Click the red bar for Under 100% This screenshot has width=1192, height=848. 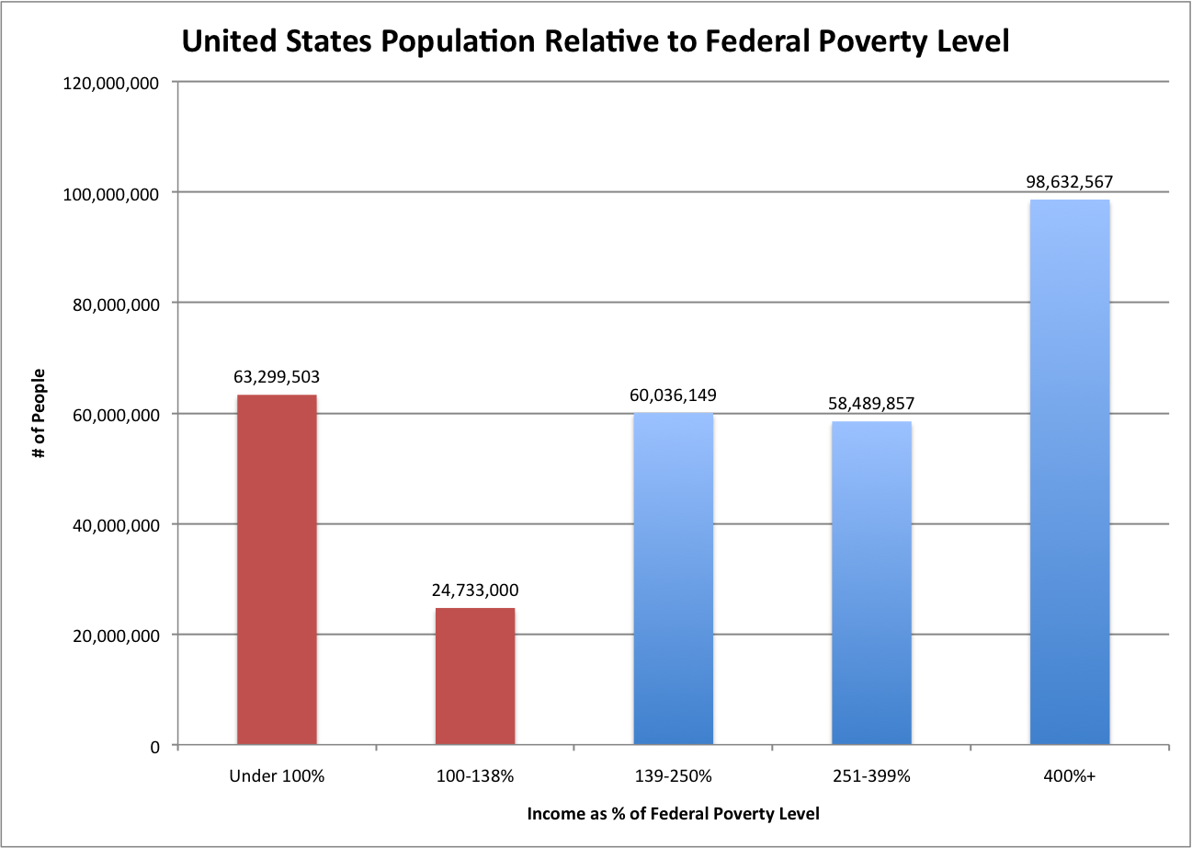coord(277,570)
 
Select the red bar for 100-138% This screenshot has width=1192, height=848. coord(475,677)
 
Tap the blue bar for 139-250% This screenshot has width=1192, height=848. coord(673,579)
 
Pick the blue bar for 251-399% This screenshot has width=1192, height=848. coord(871,583)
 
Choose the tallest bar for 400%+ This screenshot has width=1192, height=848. coord(1070,473)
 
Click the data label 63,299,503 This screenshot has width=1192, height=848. coord(277,377)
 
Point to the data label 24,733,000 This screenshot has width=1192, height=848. coord(475,590)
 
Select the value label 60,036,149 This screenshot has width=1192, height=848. coord(673,395)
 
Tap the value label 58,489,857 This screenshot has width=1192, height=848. coord(871,404)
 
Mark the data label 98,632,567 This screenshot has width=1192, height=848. coord(1070,182)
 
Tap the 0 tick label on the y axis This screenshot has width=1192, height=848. coord(154,746)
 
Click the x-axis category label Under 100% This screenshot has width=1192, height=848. coord(277,776)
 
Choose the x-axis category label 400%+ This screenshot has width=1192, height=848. coord(1070,776)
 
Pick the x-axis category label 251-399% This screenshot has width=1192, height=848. coord(871,776)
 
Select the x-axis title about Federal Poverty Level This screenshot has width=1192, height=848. coord(673,814)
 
